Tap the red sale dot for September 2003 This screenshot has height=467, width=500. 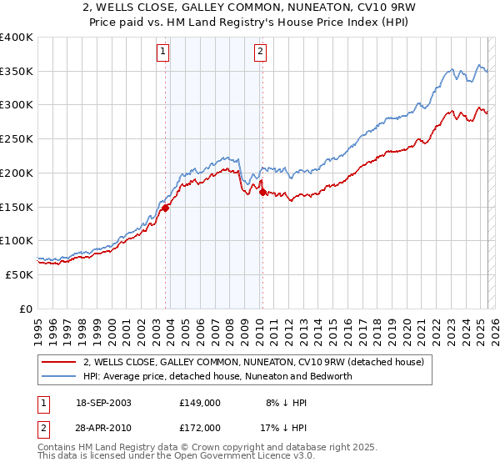[166, 208]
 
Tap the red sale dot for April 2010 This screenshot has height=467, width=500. [262, 193]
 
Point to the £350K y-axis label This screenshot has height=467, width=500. [17, 72]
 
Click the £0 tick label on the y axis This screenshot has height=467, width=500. [26, 309]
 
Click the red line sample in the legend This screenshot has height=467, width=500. [60, 362]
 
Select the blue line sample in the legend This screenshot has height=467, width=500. [60, 376]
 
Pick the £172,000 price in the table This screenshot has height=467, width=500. [200, 427]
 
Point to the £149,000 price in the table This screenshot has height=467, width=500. [200, 402]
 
